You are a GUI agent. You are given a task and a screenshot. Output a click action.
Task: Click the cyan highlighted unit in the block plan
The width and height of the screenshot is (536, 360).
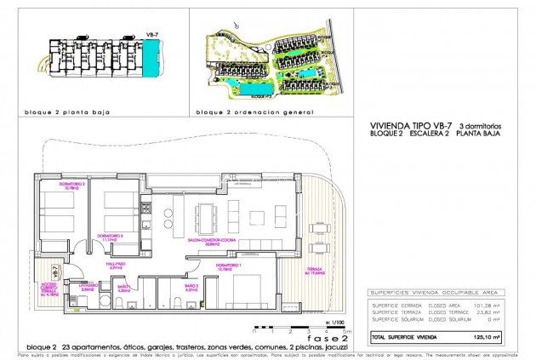[152, 59]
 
